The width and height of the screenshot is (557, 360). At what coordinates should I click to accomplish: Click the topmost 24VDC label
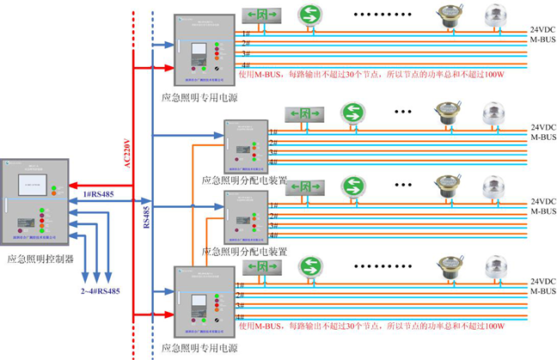tap(542, 29)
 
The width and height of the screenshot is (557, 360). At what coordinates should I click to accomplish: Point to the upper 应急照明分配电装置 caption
tap(243, 181)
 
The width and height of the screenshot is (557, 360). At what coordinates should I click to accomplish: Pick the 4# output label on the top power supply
tap(246, 64)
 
